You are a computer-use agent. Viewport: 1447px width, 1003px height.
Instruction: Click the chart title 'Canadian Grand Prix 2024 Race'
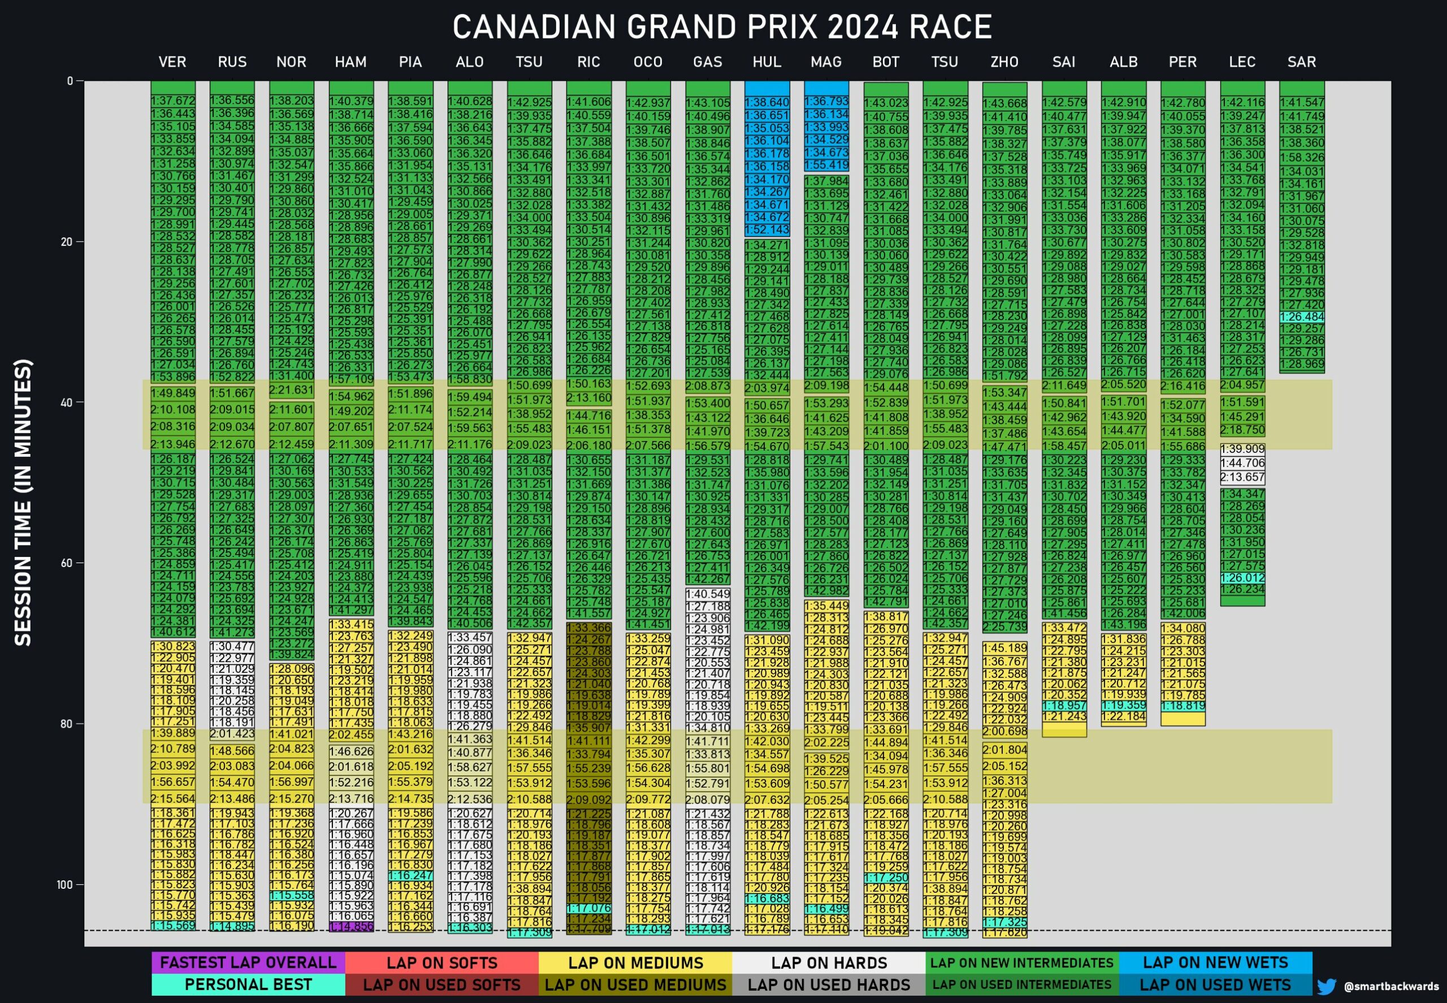(x=722, y=27)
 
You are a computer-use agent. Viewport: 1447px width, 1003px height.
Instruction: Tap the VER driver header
(x=172, y=62)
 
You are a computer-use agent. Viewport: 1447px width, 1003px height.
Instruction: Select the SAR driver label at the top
(x=1301, y=62)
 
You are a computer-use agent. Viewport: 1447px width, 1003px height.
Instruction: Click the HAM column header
(x=350, y=62)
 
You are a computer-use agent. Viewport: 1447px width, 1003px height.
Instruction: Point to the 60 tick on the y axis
(x=67, y=563)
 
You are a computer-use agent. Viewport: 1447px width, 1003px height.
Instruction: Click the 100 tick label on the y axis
(x=64, y=885)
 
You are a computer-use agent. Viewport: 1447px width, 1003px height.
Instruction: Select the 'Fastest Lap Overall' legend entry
(x=248, y=962)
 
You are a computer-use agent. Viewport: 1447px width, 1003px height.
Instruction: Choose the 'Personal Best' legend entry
(x=248, y=984)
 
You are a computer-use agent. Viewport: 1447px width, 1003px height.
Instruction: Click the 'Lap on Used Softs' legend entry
(x=441, y=985)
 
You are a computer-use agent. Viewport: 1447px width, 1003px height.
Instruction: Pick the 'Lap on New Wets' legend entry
(x=1215, y=962)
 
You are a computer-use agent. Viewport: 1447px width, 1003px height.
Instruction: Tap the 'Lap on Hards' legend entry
(x=829, y=962)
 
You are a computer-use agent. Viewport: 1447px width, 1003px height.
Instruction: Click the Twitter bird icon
(x=1327, y=986)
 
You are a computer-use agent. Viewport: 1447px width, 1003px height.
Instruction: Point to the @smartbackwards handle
(x=1390, y=987)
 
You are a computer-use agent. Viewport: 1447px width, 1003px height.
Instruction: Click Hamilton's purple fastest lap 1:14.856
(x=351, y=926)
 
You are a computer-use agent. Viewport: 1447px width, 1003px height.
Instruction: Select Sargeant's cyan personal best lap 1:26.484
(x=1302, y=317)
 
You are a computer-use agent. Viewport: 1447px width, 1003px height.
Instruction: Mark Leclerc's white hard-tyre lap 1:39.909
(x=1242, y=449)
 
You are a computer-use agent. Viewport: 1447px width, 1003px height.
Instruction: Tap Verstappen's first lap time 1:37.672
(x=173, y=101)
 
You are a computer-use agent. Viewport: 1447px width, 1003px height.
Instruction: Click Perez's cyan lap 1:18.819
(x=1183, y=706)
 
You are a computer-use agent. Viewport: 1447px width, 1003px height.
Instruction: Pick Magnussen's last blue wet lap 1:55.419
(x=826, y=165)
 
